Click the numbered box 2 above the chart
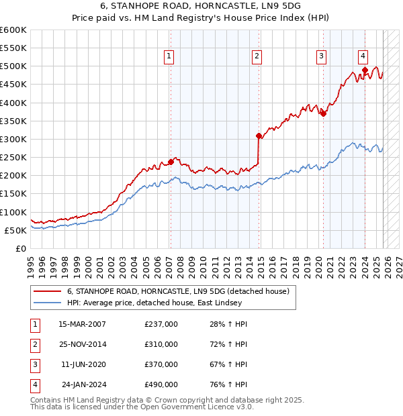[257, 56]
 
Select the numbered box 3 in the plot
[322, 56]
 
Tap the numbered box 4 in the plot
[363, 56]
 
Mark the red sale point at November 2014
[259, 136]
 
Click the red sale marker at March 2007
[171, 162]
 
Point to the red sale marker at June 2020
[323, 113]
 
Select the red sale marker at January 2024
[365, 70]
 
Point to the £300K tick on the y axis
[13, 139]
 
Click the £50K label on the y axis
[16, 230]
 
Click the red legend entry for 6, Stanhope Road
[177, 291]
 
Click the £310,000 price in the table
[161, 344]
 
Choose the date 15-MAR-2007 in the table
[81, 324]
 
